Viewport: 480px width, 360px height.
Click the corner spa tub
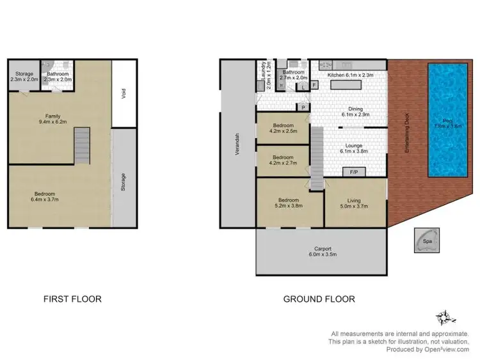tap(425, 242)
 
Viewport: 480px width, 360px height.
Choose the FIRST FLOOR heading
tap(72, 299)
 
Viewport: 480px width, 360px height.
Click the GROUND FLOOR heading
tap(319, 299)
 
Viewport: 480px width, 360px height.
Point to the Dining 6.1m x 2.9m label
tap(351, 112)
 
